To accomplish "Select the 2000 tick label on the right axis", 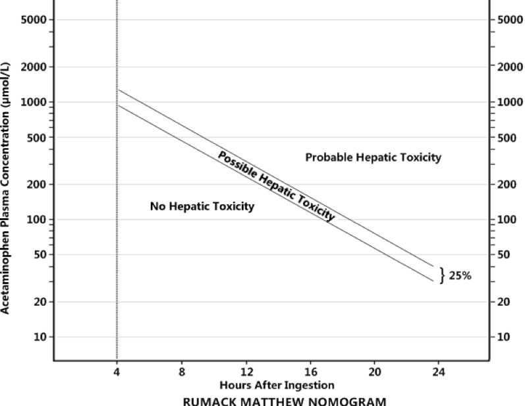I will point(507,67).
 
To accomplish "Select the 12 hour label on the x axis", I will point(246,372).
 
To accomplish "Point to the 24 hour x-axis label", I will point(439,372).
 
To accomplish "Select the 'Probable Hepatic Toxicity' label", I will point(373,158).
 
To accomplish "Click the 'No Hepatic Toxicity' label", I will point(202,207).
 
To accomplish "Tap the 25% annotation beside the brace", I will point(460,275).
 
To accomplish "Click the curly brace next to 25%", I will point(443,275).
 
